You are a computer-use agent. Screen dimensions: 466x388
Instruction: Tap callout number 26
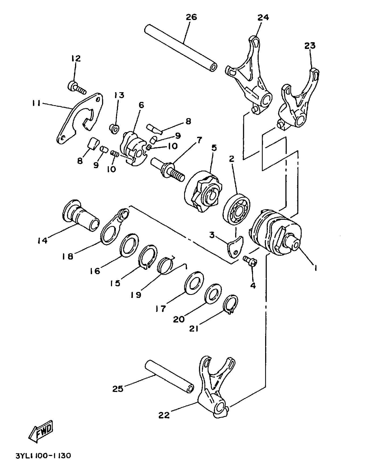tap(191, 17)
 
